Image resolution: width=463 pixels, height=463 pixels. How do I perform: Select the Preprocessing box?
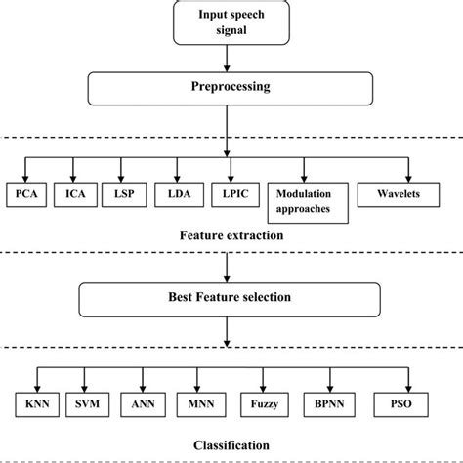[231, 88]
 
